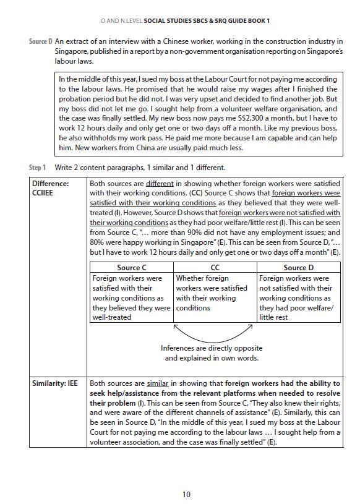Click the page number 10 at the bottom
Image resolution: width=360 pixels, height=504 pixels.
pos(186,493)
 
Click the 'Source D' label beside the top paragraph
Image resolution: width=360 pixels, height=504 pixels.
pos(41,41)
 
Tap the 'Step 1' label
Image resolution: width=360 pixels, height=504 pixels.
pos(38,168)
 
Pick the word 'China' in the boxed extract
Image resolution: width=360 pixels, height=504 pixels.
pos(137,148)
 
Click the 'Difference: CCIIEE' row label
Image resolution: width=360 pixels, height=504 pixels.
pos(51,188)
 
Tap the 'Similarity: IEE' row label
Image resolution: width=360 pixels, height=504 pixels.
pos(56,383)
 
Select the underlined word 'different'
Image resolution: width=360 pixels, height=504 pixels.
pos(160,184)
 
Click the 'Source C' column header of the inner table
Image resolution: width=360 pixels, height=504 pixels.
pos(131,268)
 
